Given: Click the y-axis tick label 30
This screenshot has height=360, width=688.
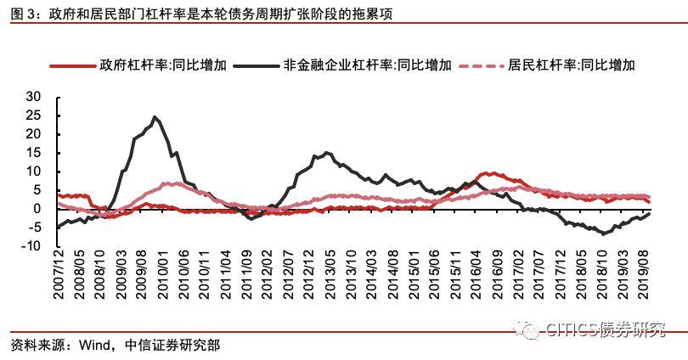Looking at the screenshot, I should pos(33,97).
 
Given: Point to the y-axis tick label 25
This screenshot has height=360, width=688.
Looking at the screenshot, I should pos(33,115).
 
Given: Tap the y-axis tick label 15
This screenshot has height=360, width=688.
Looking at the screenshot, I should pos(33,153).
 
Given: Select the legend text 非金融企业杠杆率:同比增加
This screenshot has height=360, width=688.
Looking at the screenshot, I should pos(367,65).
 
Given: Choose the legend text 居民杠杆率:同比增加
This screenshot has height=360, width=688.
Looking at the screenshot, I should pos(572,65).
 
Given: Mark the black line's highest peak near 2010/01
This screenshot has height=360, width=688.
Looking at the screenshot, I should pos(155,117).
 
